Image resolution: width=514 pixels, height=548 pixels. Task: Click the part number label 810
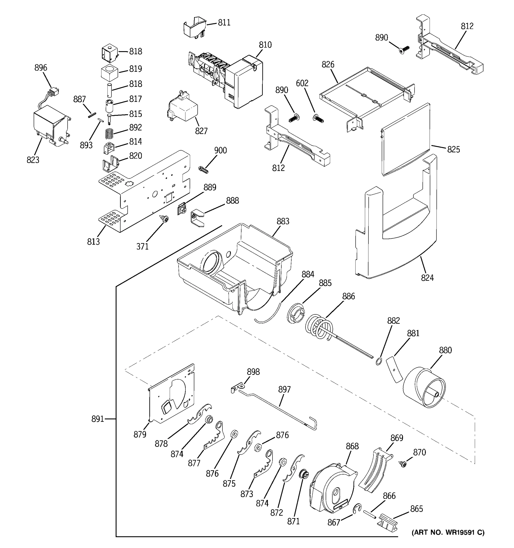click(265, 45)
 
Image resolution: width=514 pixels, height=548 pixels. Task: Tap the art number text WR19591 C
click(448, 532)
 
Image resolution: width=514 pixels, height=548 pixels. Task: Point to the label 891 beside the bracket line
click(98, 419)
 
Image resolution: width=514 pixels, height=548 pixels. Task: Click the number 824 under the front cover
click(427, 278)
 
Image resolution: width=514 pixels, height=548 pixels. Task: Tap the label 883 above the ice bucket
click(283, 221)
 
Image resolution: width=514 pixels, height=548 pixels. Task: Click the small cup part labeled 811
click(195, 27)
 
